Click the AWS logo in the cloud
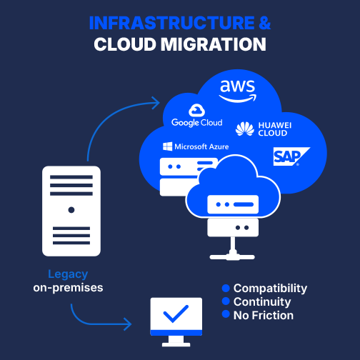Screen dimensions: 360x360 pos(237,91)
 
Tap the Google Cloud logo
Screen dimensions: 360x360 pos(196,116)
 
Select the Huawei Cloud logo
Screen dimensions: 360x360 pos(264,129)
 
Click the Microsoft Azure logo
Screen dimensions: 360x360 pos(196,146)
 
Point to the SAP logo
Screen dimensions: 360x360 pos(291,156)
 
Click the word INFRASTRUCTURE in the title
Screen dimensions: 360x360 pos(172,23)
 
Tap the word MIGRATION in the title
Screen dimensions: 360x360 pos(214,44)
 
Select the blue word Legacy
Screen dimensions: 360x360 pos(68,274)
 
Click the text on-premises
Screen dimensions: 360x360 pos(68,288)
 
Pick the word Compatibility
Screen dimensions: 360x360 pos(270,289)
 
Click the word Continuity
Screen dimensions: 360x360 pos(262,302)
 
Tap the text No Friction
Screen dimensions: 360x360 pos(264,316)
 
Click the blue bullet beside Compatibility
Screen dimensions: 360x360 pos(226,288)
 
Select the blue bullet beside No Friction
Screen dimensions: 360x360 pos(226,314)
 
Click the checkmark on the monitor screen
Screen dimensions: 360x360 pos(176,314)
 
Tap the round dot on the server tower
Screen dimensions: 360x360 pos(71,210)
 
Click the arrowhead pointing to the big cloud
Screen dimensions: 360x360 pos(156,103)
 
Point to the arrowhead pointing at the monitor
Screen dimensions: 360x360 pos(127,324)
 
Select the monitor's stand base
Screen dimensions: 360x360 pos(176,344)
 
